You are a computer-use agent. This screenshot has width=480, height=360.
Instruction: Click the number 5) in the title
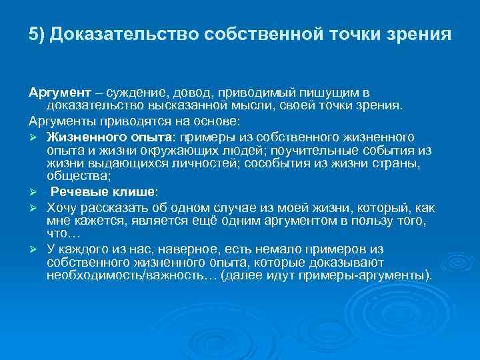[37, 35]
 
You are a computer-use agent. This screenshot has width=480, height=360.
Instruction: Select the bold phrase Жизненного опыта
[109, 136]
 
